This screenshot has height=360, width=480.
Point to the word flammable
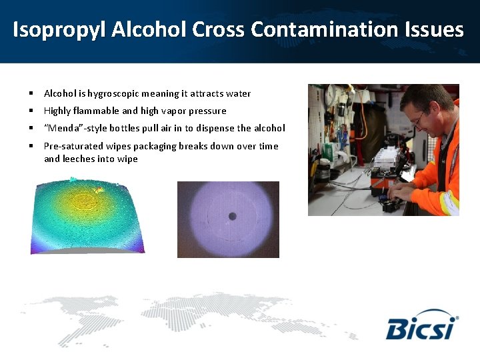[96, 111]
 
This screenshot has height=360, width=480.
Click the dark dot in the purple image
[233, 216]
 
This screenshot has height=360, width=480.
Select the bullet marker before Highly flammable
[31, 111]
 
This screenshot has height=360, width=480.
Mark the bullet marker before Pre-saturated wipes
[31, 146]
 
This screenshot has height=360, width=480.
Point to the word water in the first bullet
[238, 94]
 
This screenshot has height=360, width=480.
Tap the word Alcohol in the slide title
[149, 30]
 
